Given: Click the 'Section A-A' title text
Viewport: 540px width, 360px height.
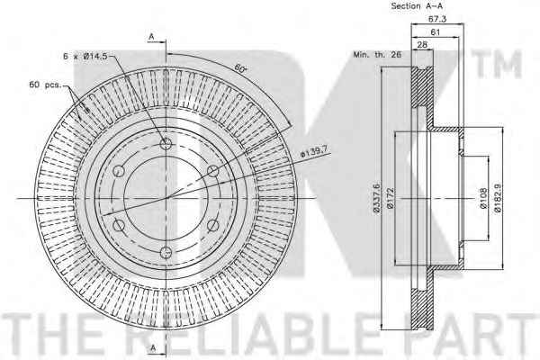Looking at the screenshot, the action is tap(417, 6).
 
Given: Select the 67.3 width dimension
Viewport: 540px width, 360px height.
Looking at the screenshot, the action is tap(437, 19).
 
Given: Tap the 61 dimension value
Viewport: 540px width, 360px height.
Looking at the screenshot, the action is tap(436, 32).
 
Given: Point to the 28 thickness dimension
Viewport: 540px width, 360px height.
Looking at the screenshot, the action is tap(422, 44).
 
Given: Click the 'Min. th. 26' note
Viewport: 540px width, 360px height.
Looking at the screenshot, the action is tap(377, 54).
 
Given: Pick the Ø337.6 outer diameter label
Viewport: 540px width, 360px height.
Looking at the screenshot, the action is tap(376, 198).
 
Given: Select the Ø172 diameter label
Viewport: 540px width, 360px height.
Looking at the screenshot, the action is tap(391, 198).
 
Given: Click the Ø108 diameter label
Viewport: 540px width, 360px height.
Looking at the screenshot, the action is tap(483, 198).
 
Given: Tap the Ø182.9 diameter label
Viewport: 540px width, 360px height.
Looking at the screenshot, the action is tap(498, 198).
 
